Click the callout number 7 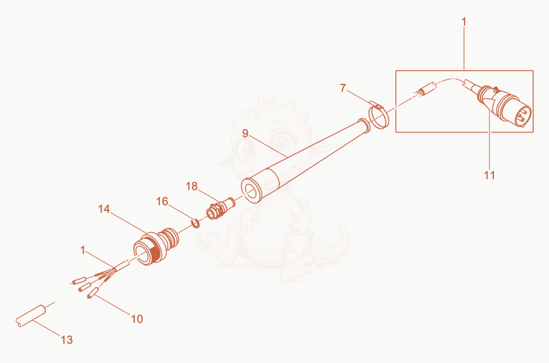[342, 88]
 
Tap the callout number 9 [245, 133]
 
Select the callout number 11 [489, 175]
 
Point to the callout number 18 [191, 186]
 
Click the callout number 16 [162, 201]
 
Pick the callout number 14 [104, 209]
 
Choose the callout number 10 [137, 319]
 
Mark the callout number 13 [67, 340]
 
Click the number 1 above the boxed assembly [464, 22]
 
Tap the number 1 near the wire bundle [82, 250]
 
